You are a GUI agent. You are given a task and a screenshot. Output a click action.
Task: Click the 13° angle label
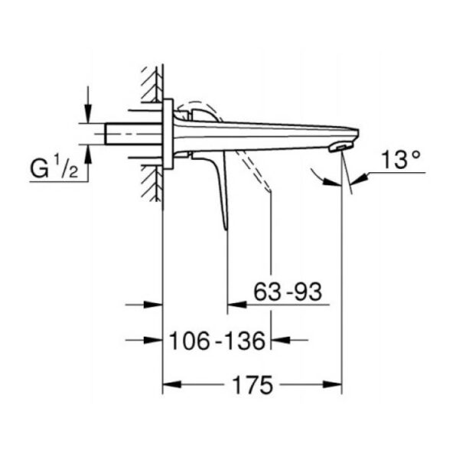click(401, 160)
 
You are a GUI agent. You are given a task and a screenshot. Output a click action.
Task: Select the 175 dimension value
click(252, 386)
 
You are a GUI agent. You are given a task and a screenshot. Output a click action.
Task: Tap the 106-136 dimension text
click(217, 341)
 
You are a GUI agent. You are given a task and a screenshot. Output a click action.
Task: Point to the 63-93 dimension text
click(288, 292)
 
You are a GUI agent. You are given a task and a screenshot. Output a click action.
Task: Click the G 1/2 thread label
click(54, 169)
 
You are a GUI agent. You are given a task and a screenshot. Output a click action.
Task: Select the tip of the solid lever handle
click(226, 228)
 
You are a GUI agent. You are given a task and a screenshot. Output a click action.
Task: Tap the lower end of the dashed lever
click(269, 190)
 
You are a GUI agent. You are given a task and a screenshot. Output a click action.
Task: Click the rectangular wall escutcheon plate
click(168, 134)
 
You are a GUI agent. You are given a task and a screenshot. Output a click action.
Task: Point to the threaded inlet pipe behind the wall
click(134, 134)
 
